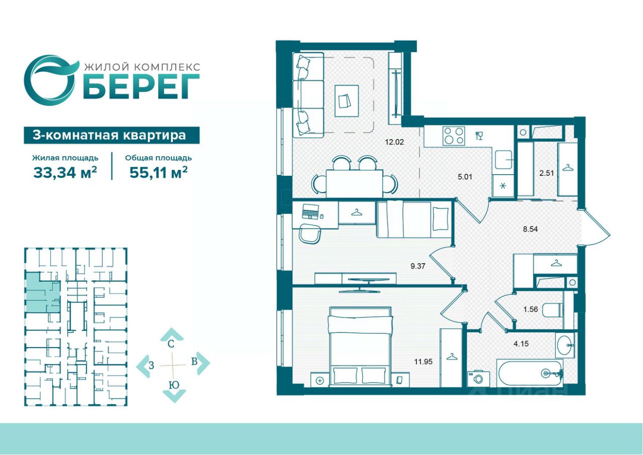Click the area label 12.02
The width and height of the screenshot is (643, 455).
[x=394, y=142]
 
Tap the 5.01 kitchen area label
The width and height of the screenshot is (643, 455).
[x=465, y=177]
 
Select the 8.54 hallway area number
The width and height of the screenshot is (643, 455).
[x=530, y=229]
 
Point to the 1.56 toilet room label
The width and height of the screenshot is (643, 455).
[x=530, y=309]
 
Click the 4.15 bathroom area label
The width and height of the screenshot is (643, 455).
[x=521, y=344]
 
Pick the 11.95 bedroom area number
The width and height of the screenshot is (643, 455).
[x=423, y=362]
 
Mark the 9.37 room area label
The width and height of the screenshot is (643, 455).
[x=417, y=266]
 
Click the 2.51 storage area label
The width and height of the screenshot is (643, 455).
[x=547, y=173]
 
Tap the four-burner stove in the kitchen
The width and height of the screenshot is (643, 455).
[x=454, y=136]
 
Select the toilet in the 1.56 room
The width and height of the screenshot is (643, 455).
[x=554, y=310]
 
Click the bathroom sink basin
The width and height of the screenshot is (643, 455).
[x=565, y=346]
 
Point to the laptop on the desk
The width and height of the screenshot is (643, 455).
[x=310, y=212]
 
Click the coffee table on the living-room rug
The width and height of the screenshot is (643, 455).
[x=347, y=101]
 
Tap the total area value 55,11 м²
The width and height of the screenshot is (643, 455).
[x=158, y=172]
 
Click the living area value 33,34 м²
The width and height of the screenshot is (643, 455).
[x=65, y=172]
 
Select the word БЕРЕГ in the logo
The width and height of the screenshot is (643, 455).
[x=143, y=87]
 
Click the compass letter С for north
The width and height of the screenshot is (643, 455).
[x=171, y=344]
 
